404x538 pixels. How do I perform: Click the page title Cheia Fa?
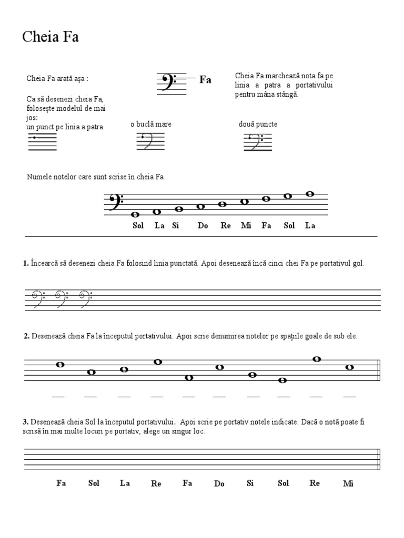(50, 37)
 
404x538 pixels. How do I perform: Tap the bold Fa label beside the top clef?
(205, 80)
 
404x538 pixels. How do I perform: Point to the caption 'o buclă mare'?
(151, 124)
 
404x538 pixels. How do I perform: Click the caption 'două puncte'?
(258, 124)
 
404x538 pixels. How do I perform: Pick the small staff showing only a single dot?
(42, 141)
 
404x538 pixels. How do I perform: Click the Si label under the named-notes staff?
(176, 226)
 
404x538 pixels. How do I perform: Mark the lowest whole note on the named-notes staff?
(135, 214)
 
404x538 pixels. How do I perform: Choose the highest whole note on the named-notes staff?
(310, 194)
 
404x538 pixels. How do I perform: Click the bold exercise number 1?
(26, 263)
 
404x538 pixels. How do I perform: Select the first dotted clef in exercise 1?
(35, 298)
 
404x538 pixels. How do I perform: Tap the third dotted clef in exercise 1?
(85, 298)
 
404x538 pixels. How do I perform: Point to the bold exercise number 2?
(26, 336)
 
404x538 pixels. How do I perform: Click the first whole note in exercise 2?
(60, 365)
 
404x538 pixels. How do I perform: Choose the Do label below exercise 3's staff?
(219, 483)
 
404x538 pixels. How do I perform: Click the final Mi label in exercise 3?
(348, 483)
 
